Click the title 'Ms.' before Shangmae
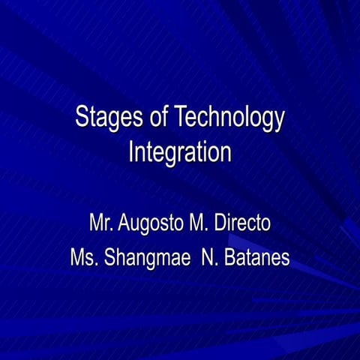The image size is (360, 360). [x=84, y=258]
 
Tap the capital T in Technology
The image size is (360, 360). [x=179, y=118]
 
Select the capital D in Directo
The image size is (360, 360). [x=220, y=223]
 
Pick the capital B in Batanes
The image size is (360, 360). [x=229, y=258]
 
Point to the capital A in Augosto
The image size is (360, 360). [x=123, y=223]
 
